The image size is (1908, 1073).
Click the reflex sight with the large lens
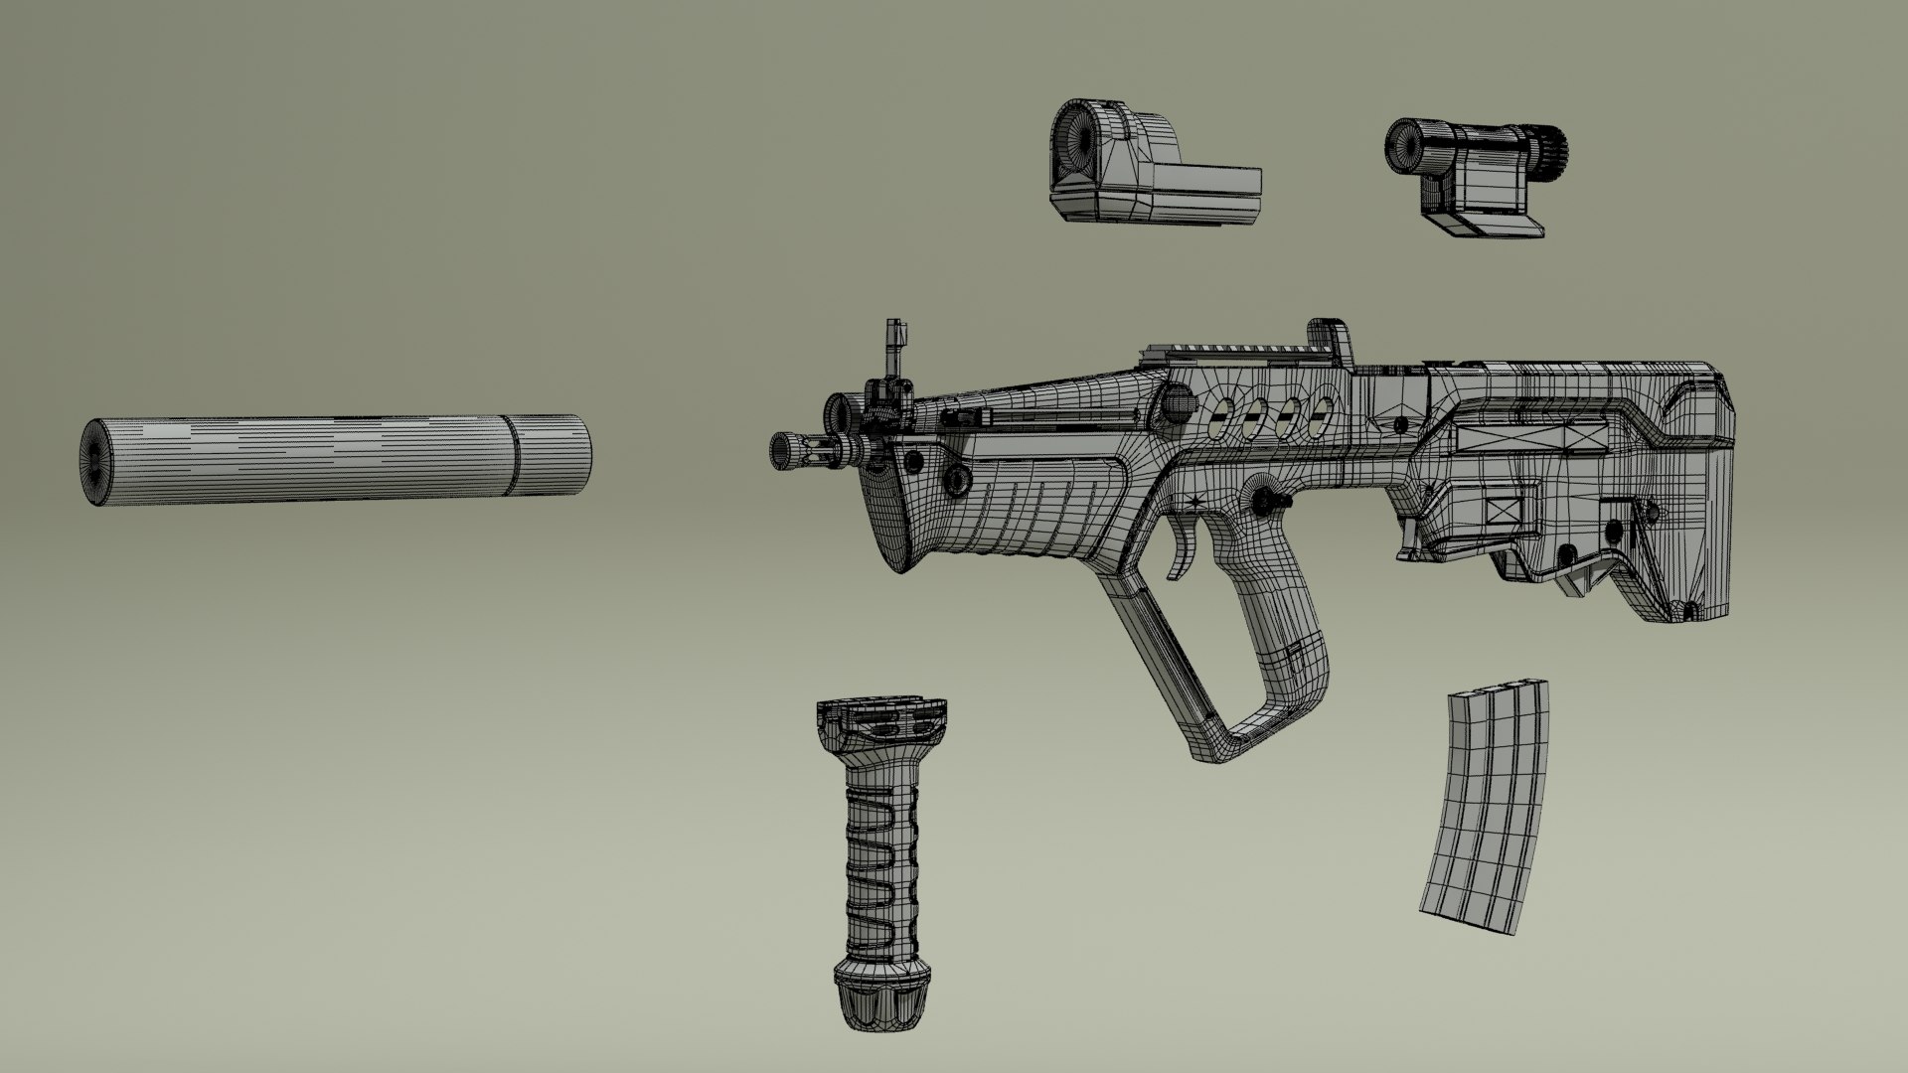tap(1143, 169)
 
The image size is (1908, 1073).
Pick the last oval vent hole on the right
tap(1320, 417)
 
